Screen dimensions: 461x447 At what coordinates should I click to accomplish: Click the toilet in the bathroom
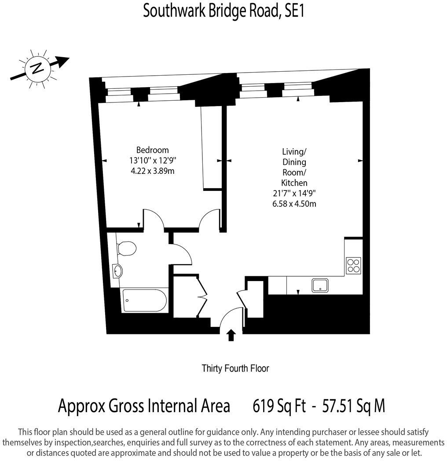click(x=127, y=249)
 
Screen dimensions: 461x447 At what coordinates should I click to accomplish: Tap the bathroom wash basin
click(x=117, y=271)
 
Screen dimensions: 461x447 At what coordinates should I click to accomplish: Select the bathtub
click(x=144, y=300)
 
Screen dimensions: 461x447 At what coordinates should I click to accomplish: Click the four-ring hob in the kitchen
click(x=353, y=265)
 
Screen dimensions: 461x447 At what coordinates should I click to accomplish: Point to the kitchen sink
click(x=320, y=285)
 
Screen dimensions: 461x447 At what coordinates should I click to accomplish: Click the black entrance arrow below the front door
click(x=231, y=336)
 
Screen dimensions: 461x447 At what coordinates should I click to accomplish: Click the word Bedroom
click(x=152, y=150)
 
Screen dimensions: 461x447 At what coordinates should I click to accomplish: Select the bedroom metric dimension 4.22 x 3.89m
click(x=153, y=171)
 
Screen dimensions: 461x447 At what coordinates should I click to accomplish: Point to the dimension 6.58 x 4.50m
click(x=294, y=203)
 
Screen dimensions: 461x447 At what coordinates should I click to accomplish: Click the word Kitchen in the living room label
click(x=294, y=183)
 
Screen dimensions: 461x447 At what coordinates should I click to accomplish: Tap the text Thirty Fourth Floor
click(x=235, y=368)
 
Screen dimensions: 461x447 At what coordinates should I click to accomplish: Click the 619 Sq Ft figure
click(x=279, y=405)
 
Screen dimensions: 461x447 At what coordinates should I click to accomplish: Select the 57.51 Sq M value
click(x=354, y=405)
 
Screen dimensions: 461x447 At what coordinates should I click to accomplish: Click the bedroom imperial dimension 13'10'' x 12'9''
click(x=153, y=161)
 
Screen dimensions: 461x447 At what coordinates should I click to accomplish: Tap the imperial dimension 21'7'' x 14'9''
click(x=294, y=193)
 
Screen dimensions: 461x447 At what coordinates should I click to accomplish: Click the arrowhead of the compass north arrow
click(x=64, y=62)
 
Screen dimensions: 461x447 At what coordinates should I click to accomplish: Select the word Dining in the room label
click(x=294, y=162)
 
